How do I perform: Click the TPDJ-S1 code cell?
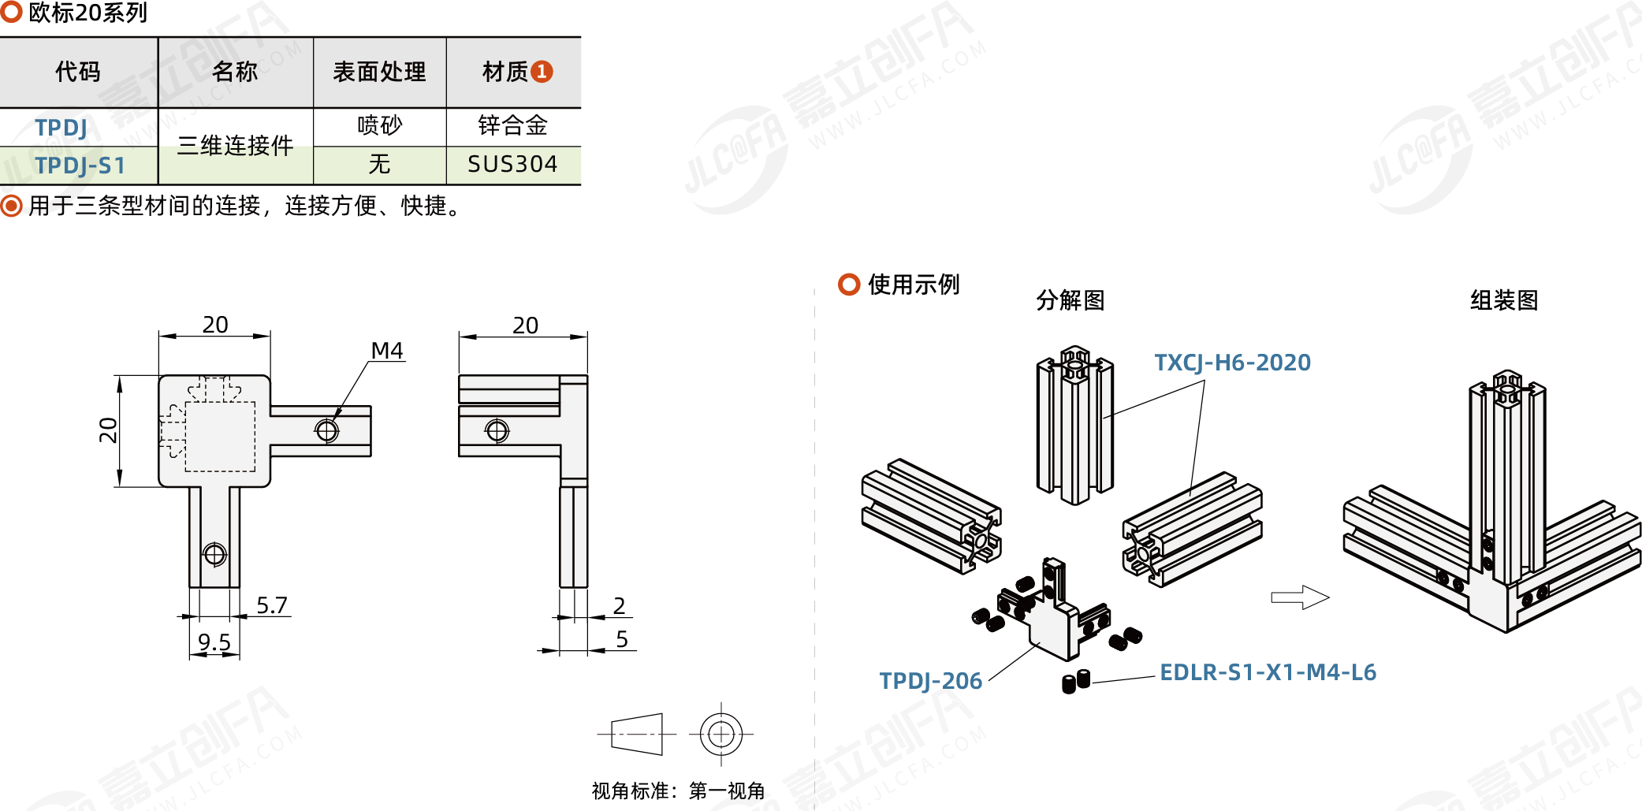pos(80,166)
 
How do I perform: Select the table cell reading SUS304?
pos(512,164)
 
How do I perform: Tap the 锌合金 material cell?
pos(512,125)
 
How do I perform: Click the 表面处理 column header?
pos(379,72)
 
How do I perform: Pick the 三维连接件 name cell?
pos(235,146)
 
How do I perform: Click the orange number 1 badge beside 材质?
pos(542,72)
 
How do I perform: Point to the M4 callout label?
pos(387,351)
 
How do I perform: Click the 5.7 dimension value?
pos(272,605)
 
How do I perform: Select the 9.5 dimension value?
pos(214,642)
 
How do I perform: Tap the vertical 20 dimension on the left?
pos(108,430)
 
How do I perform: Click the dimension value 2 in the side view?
pos(620,605)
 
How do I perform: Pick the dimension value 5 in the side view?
pos(622,639)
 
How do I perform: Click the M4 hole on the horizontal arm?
pos(326,430)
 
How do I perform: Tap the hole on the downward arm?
pos(214,554)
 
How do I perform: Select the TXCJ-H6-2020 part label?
pos(1232,363)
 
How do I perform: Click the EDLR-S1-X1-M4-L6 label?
pos(1268,672)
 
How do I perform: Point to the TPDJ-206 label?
pos(930,681)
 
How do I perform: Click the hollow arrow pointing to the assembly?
pos(1300,597)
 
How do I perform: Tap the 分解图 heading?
pos(1070,300)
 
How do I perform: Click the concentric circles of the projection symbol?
pos(720,734)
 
